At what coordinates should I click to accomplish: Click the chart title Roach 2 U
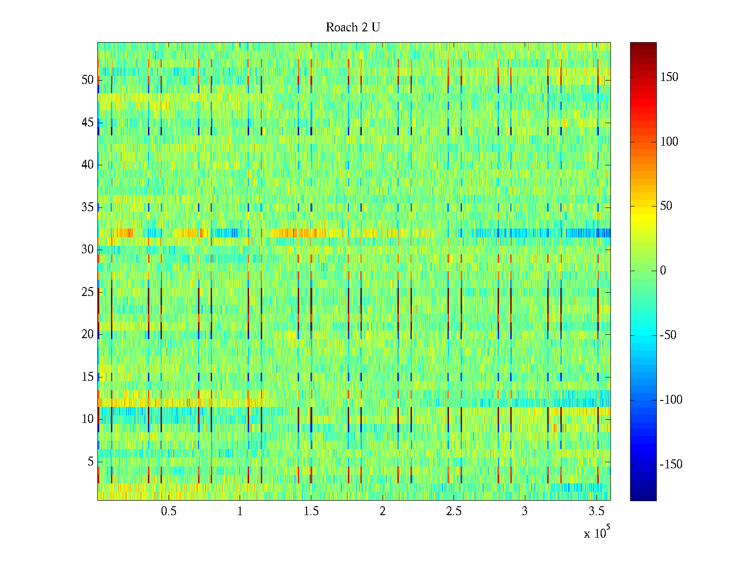352,28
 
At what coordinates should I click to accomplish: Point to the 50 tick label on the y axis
88,80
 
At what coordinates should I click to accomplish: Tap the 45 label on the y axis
88,123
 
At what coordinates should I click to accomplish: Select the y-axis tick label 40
88,165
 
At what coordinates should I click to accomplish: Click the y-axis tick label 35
88,207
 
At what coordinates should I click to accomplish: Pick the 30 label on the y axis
88,250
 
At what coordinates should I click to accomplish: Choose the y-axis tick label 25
88,292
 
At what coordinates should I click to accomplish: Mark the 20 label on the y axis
88,334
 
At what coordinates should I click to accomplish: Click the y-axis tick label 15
88,377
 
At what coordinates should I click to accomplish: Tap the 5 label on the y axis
90,462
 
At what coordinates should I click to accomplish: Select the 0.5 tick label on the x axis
169,511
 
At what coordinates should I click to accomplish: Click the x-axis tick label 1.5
311,511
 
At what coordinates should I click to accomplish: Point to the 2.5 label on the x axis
454,511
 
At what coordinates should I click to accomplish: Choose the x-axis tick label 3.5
596,511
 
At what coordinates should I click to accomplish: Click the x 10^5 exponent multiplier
596,532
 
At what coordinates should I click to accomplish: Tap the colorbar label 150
669,77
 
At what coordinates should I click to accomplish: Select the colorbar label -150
671,465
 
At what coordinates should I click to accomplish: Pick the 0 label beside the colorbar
663,271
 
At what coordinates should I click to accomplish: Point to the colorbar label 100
669,142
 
